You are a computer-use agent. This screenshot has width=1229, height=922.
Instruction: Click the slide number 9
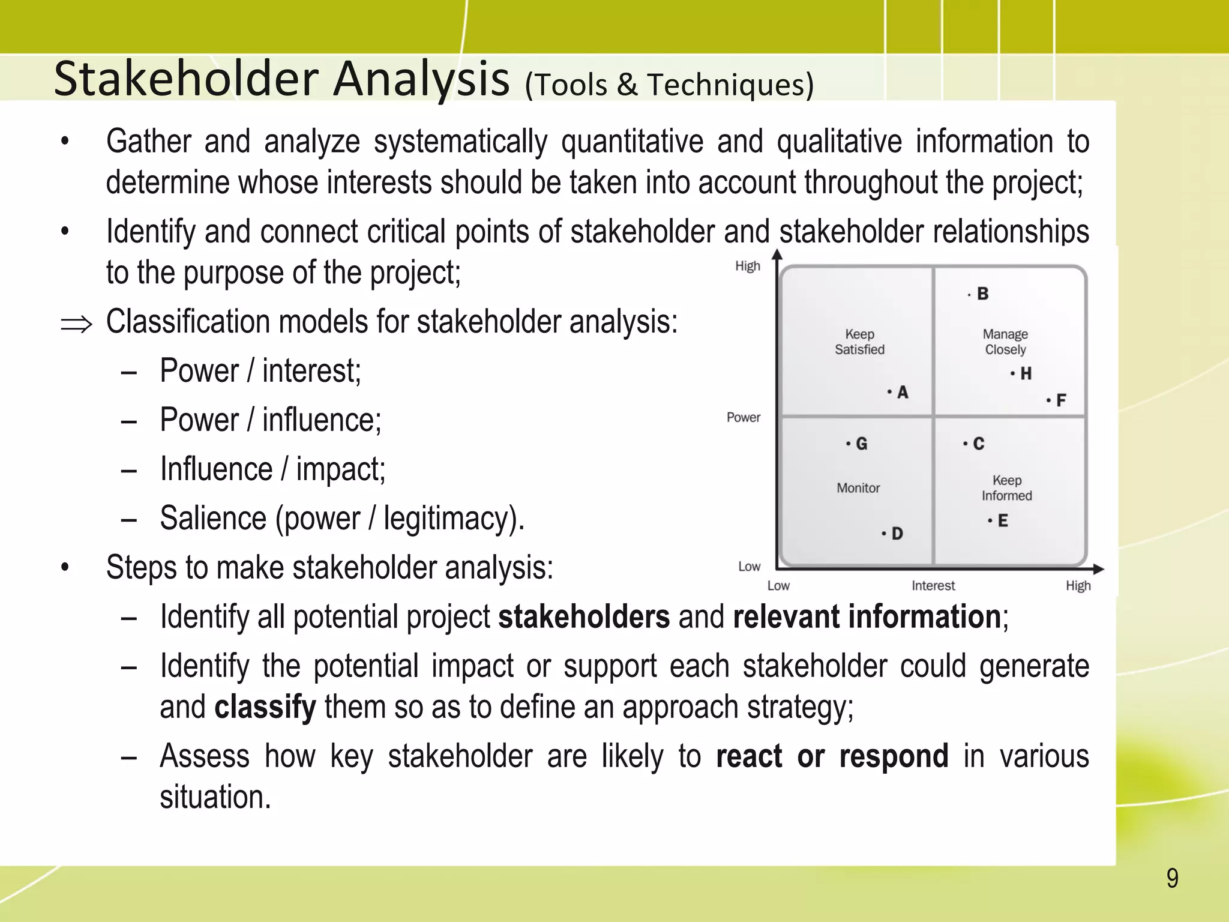point(1172,878)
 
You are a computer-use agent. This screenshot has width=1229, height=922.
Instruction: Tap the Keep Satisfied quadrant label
point(859,342)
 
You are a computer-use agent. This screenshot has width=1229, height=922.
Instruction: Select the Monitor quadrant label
point(858,488)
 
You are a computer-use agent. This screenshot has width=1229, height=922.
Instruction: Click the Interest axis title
point(933,586)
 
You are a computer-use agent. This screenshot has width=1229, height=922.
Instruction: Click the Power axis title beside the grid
point(743,417)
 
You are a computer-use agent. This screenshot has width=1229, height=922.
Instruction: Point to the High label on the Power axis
point(748,266)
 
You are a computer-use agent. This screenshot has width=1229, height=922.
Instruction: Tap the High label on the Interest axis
point(1078,586)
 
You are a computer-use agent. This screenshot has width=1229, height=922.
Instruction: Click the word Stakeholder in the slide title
point(186,79)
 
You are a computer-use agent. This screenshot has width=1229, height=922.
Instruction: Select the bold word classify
point(265,707)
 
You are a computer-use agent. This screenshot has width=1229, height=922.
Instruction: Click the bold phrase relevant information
point(867,617)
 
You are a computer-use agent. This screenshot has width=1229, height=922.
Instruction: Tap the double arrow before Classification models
point(77,325)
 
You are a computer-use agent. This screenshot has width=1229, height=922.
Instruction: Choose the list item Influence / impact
point(272,469)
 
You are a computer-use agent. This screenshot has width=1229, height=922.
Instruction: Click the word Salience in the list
point(212,518)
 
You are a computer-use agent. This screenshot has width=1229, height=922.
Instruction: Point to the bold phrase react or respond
point(832,756)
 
